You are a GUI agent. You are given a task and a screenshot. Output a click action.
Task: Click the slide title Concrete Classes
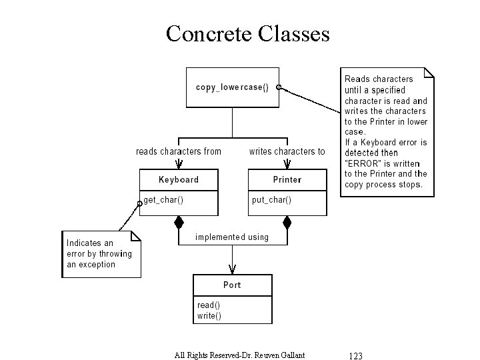(247, 33)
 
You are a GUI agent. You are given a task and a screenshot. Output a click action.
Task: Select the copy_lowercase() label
(232, 87)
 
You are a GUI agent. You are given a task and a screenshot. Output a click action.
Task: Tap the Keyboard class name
(179, 179)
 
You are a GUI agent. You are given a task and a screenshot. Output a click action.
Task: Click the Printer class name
(287, 179)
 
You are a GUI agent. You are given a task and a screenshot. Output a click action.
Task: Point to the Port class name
(233, 285)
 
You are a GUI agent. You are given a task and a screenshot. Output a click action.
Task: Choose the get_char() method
(163, 199)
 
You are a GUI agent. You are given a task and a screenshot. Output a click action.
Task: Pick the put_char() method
(271, 199)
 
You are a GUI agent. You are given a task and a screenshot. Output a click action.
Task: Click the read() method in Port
(209, 305)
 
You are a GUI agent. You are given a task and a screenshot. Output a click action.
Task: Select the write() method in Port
(209, 315)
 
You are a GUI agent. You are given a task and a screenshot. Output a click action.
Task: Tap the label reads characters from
(179, 151)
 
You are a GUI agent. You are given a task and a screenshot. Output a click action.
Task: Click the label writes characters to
(287, 151)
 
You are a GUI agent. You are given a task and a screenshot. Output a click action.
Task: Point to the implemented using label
(232, 237)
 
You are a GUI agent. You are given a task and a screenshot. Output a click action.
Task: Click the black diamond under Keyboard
(179, 222)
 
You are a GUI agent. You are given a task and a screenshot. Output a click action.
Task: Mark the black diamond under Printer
(287, 222)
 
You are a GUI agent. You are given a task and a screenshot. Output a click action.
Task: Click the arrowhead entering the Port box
(233, 269)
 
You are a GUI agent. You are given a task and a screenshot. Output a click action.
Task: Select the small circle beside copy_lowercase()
(279, 87)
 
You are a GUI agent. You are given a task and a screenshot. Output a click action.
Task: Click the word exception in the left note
(97, 264)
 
